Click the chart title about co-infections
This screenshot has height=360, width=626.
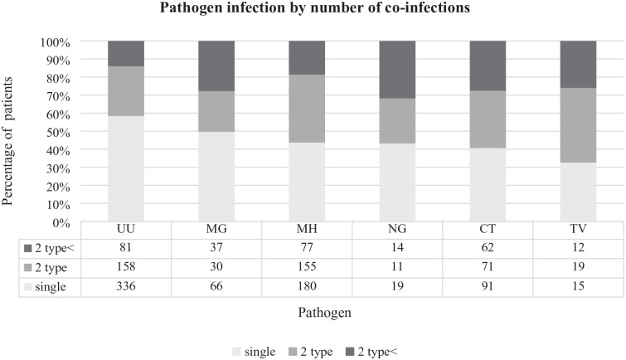pos(314,7)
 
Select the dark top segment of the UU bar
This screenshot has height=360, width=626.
pos(126,54)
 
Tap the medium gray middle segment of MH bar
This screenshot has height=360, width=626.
pos(307,109)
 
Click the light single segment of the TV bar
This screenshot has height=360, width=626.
pos(578,192)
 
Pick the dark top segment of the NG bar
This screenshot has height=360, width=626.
pos(397,70)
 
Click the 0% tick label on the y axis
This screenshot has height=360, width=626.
pos(61,223)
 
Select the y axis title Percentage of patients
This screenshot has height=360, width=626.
pos(7,142)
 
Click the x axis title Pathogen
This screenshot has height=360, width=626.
pos(324,313)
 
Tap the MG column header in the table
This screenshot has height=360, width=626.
pos(216,229)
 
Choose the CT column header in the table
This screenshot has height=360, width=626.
pos(488,229)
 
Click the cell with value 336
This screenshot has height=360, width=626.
pos(126,286)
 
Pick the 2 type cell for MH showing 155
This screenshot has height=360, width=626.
pos(307,266)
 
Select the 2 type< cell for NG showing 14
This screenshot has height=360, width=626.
pos(397,247)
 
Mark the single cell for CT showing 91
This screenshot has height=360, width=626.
pos(488,286)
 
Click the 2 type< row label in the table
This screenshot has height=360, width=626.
pos(50,248)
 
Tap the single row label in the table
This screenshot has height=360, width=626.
pos(45,287)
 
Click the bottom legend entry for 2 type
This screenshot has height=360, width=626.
pos(311,352)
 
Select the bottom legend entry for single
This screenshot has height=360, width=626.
pos(254,352)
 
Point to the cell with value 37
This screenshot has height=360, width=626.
pos(216,247)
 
